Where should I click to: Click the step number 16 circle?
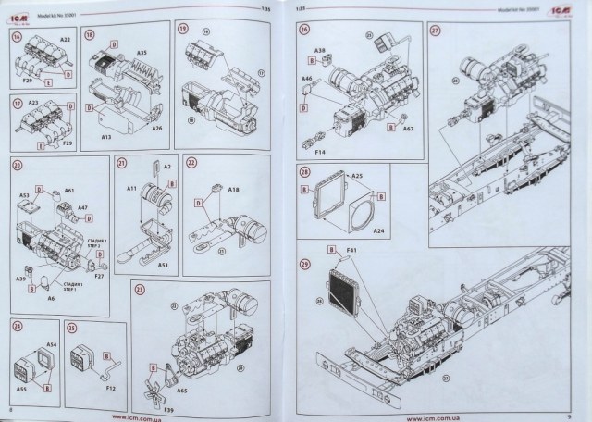(17, 37)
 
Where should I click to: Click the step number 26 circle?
(304, 30)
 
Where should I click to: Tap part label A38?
(319, 49)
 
